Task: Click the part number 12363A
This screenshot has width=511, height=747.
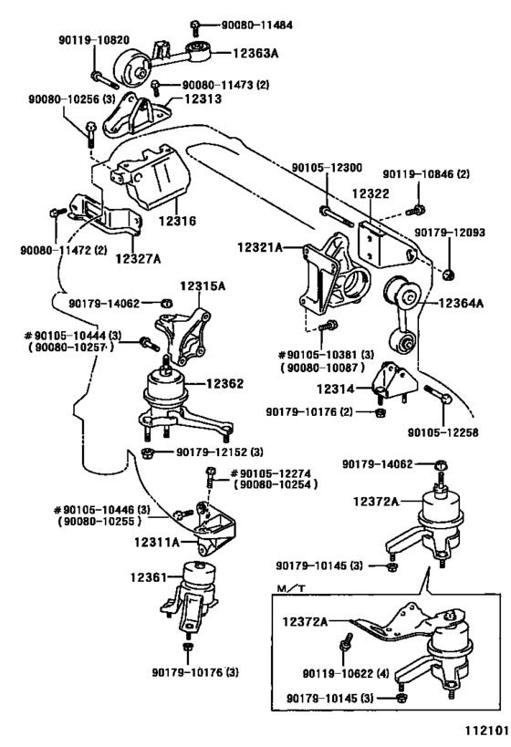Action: click(x=250, y=54)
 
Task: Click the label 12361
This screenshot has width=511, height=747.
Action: click(x=148, y=576)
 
